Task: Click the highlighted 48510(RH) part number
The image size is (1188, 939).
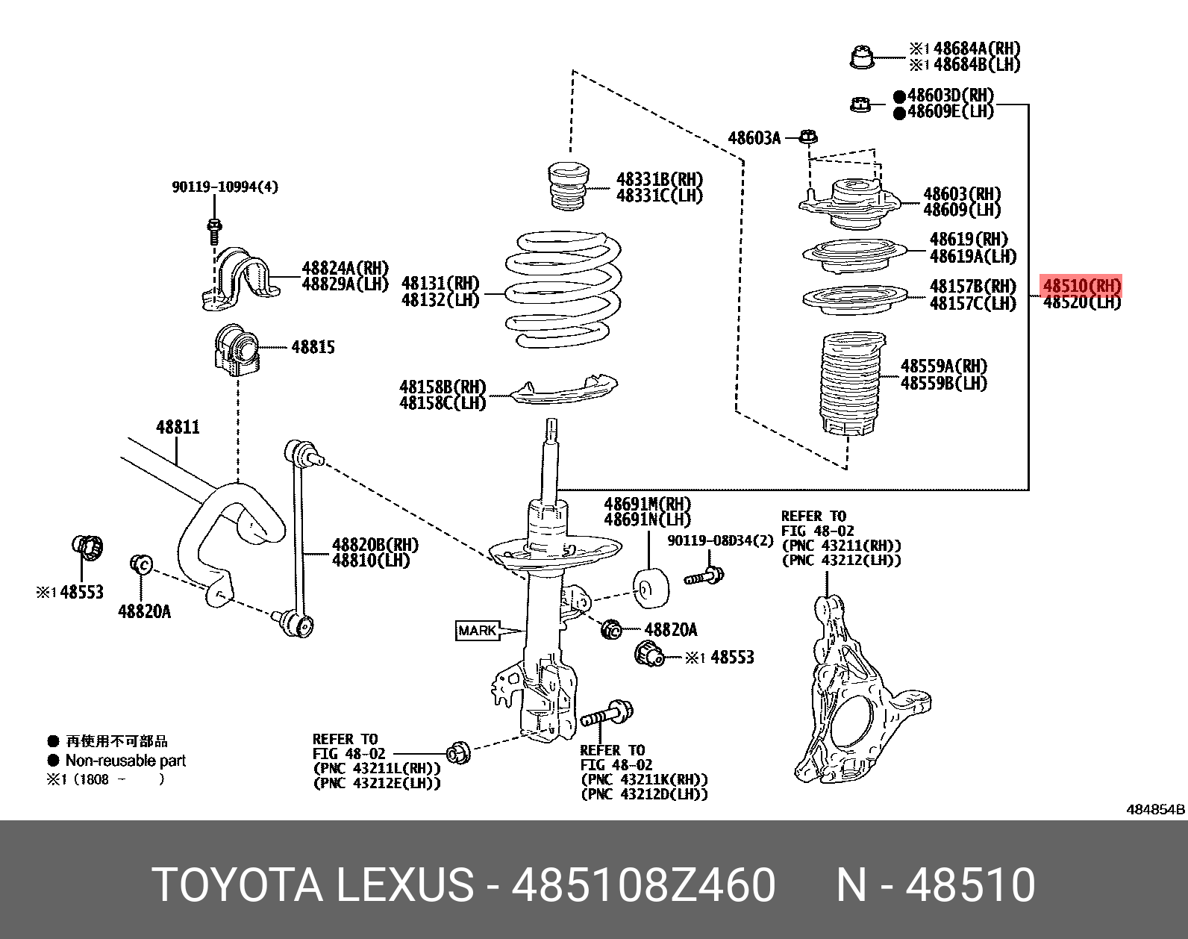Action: (x=1081, y=285)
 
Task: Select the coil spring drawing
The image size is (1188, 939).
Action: (x=563, y=291)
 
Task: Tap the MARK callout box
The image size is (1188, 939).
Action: (x=478, y=631)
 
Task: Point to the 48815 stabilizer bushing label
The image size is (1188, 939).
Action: (x=313, y=347)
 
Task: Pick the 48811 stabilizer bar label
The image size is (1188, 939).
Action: (x=178, y=427)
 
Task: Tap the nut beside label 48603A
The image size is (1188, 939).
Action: (x=808, y=137)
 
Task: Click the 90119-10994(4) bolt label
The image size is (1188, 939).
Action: (x=225, y=187)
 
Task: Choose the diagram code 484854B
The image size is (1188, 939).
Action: (x=1155, y=809)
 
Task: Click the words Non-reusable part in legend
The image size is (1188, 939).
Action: (x=125, y=761)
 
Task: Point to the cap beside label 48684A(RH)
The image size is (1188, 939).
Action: (x=862, y=57)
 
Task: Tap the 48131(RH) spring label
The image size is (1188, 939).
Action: (x=440, y=283)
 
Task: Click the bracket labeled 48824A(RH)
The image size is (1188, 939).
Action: (x=239, y=280)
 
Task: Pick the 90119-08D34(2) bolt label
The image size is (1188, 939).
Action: (x=720, y=540)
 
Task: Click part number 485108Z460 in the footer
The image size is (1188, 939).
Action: (x=643, y=885)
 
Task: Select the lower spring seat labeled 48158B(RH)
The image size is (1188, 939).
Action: (x=563, y=390)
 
